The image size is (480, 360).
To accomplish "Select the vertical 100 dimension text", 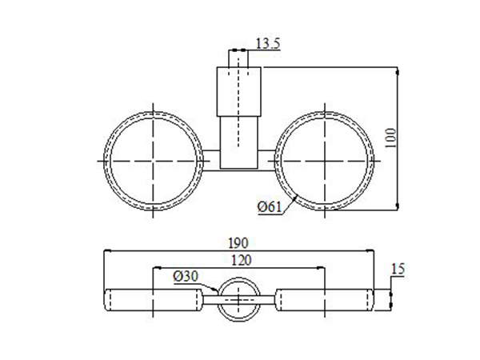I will [390, 138].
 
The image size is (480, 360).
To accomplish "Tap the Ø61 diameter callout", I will [270, 208].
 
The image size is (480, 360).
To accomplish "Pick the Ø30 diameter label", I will [186, 276].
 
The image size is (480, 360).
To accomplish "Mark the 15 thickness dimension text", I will [398, 270].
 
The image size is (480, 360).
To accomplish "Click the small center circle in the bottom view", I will [240, 300].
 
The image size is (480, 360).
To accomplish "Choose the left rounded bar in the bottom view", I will [152, 300].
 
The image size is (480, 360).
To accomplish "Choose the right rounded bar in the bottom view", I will [326, 300].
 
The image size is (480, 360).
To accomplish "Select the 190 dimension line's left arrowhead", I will [110, 250].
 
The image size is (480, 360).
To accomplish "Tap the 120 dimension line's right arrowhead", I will [322, 268].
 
